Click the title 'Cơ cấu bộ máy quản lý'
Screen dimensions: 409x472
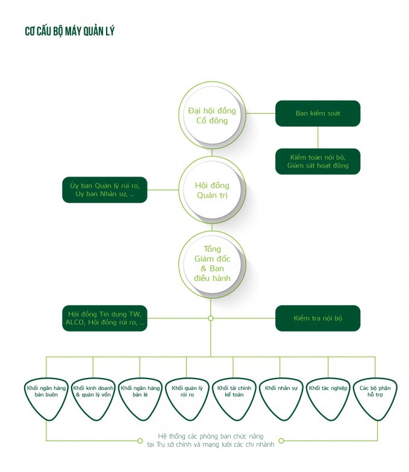click(70, 31)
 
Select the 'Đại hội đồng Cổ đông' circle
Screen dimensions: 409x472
click(212, 115)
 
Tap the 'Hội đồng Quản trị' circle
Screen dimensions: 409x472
click(212, 190)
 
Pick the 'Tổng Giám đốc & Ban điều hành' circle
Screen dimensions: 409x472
click(212, 264)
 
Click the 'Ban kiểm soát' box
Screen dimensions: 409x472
click(317, 113)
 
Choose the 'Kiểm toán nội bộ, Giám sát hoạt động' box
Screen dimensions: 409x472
click(317, 161)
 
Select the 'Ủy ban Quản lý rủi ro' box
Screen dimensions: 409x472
click(105, 190)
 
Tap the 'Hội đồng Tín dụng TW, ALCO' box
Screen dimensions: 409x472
click(105, 318)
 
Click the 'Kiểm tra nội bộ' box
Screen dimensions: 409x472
click(317, 318)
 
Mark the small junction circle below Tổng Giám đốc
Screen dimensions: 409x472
click(210, 318)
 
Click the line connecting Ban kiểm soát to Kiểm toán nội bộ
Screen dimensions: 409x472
click(318, 137)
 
